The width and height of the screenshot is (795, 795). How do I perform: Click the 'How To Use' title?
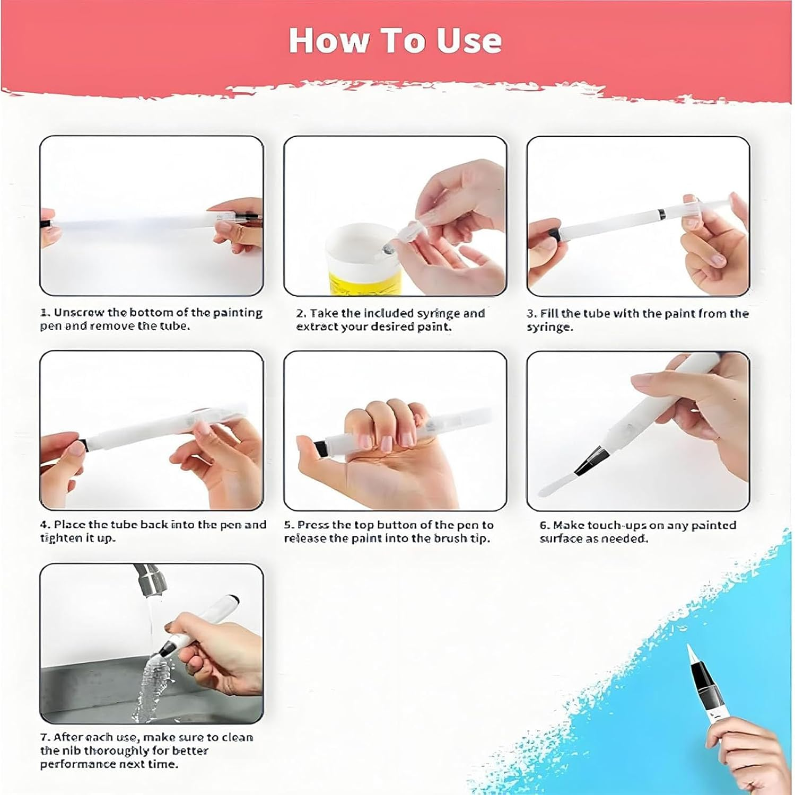click(x=395, y=40)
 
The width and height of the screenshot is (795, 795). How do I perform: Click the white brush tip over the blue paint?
click(x=692, y=655)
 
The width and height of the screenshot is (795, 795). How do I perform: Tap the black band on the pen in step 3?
click(x=661, y=215)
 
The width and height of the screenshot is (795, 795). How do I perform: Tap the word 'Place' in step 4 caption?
click(x=69, y=525)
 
